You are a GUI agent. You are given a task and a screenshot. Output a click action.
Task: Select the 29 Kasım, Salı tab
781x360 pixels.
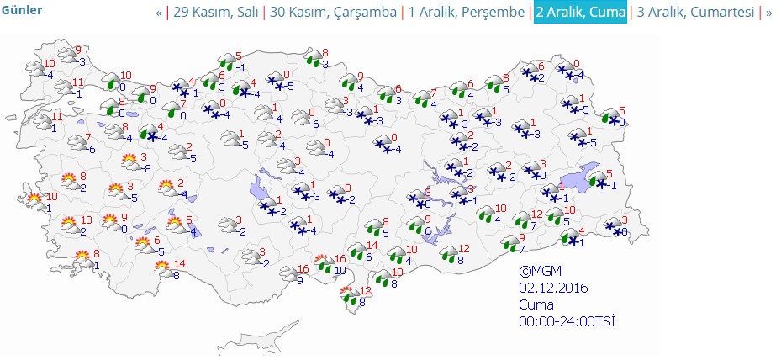click(216, 13)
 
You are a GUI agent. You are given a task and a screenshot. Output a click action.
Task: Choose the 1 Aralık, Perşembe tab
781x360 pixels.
click(466, 13)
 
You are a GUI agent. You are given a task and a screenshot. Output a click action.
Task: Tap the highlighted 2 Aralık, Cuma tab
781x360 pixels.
click(580, 13)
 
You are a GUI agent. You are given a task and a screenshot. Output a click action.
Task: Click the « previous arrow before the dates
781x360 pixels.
click(159, 13)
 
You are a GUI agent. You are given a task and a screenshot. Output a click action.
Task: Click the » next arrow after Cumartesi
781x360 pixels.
click(768, 13)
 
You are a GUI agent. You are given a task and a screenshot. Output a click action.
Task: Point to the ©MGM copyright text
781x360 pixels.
click(540, 272)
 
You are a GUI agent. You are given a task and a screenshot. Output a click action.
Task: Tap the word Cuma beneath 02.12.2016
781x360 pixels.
click(536, 304)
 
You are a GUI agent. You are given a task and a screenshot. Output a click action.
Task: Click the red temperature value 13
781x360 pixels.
click(86, 220)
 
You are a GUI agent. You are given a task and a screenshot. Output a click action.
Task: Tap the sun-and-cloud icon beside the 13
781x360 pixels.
click(69, 225)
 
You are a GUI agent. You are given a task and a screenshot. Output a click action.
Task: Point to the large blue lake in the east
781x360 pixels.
click(579, 179)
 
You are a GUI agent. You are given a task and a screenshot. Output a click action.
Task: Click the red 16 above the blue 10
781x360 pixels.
click(340, 259)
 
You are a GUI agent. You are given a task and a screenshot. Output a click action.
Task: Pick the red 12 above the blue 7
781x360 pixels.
click(536, 214)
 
